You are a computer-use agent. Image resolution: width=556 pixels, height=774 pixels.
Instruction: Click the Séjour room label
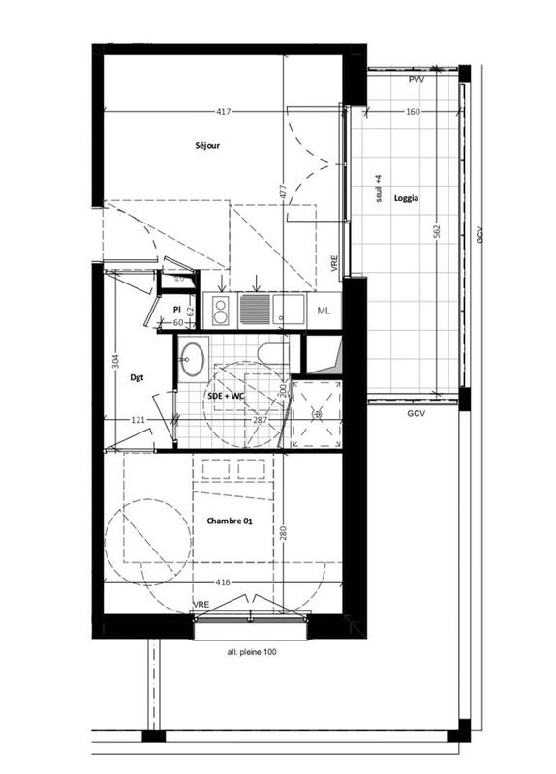(x=207, y=146)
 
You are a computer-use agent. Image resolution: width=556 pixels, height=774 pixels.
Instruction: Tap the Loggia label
(x=406, y=198)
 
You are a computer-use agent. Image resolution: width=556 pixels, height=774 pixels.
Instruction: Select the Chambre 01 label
(x=230, y=521)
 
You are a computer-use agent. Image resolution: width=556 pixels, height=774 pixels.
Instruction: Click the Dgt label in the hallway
(x=138, y=378)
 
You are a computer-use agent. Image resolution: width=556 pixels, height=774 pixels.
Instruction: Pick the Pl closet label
(x=176, y=309)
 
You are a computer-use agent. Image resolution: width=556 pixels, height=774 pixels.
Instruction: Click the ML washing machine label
(x=324, y=310)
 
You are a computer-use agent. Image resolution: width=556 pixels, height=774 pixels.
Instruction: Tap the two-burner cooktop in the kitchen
(x=220, y=310)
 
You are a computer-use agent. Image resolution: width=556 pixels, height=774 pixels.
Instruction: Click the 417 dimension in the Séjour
(x=224, y=113)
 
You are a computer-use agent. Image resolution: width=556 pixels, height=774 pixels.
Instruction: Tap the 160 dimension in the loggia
(x=413, y=113)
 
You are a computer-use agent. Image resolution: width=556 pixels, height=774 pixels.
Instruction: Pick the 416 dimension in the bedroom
(x=223, y=584)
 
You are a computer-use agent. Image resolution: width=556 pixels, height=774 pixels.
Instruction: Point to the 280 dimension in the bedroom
(x=282, y=533)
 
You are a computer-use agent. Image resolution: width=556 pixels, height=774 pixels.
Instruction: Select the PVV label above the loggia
(x=417, y=79)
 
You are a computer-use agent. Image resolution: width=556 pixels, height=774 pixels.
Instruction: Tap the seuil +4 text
(x=379, y=191)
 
